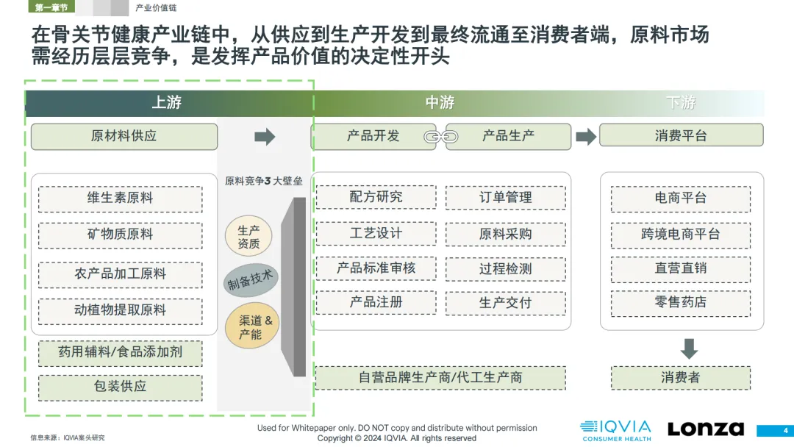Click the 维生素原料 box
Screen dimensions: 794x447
[120, 199]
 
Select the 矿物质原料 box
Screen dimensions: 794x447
[120, 235]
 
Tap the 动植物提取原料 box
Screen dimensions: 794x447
[120, 310]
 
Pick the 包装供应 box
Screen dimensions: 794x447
[120, 387]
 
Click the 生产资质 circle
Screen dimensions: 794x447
[248, 237]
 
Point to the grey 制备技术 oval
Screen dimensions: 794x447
[251, 280]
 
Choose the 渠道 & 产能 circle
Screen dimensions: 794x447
[252, 326]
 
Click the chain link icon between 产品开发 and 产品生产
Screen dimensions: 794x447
[441, 137]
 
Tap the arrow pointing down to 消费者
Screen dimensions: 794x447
[689, 348]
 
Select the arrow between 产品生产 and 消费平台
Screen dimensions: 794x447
[586, 136]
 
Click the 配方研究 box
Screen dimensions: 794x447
[376, 197]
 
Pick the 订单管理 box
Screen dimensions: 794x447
[505, 198]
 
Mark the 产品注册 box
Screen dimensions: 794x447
[376, 302]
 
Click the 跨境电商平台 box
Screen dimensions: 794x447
[681, 235]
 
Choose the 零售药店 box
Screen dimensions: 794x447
[681, 303]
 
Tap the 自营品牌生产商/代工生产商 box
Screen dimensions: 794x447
[440, 378]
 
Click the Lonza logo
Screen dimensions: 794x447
[706, 429]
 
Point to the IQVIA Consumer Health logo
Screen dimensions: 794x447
[616, 431]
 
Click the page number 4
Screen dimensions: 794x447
[785, 431]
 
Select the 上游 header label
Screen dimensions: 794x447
[167, 103]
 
